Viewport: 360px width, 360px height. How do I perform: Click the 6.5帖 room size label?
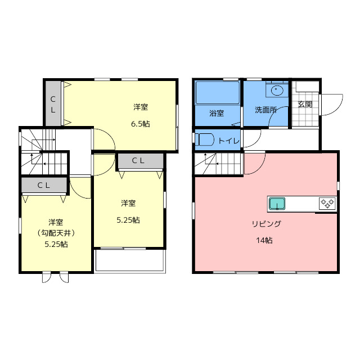coord(140,124)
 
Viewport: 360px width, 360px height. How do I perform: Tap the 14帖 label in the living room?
coord(264,240)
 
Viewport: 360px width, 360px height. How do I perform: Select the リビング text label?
coord(266,224)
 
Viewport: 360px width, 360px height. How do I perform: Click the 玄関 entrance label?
coord(305,104)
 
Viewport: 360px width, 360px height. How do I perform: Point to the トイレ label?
coord(229,141)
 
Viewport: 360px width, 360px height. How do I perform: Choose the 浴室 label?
coord(217,113)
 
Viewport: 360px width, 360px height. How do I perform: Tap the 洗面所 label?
coord(265,110)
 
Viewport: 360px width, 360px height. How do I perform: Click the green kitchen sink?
coord(277,204)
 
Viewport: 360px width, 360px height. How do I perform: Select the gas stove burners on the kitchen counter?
coord(327,204)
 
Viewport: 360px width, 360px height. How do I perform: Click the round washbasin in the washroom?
coord(277,90)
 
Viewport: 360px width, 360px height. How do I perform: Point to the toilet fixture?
coord(204,140)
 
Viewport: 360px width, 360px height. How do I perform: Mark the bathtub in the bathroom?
coord(217,92)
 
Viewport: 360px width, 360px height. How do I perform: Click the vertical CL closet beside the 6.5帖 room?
coord(53,103)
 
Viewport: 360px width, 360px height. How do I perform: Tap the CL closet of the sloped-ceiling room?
coord(44,185)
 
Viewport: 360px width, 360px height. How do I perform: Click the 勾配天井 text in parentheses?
coord(56,233)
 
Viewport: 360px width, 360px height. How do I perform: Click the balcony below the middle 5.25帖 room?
coord(130,261)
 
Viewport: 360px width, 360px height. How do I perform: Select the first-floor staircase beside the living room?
coord(219,164)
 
